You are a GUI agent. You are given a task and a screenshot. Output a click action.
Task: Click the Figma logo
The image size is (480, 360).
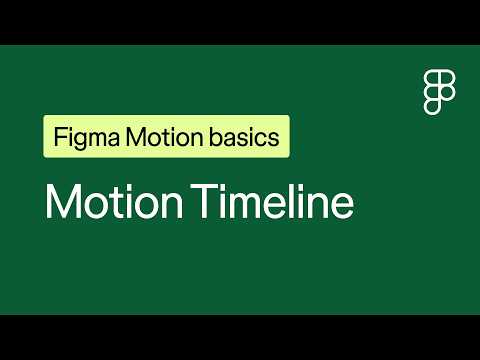(439, 93)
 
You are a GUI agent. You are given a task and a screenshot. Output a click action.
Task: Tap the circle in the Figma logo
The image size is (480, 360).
(447, 93)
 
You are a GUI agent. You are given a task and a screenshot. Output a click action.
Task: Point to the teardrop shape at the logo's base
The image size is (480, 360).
(432, 107)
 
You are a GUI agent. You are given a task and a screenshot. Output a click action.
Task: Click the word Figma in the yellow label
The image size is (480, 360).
(87, 137)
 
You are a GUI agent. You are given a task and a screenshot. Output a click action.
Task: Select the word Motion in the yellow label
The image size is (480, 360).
(164, 137)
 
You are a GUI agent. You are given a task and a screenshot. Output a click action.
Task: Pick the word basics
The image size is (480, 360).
(244, 137)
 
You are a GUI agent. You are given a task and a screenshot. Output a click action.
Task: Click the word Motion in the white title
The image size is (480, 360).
(114, 201)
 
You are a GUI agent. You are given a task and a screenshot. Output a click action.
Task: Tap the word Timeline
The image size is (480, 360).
(272, 201)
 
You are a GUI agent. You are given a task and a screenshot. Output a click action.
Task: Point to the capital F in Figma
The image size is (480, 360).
(60, 137)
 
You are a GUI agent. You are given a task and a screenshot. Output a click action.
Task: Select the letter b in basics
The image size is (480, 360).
(216, 137)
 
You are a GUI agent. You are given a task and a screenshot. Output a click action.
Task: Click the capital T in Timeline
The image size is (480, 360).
(205, 201)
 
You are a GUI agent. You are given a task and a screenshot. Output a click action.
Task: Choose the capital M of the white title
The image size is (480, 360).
(63, 201)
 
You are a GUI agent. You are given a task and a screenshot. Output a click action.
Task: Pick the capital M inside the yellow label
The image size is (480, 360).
(136, 137)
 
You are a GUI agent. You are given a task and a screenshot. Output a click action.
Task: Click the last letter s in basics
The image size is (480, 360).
(274, 139)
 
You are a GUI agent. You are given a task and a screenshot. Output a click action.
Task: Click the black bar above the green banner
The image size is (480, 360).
(240, 22)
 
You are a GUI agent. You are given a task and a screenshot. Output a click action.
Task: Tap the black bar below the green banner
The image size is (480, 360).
(240, 337)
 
